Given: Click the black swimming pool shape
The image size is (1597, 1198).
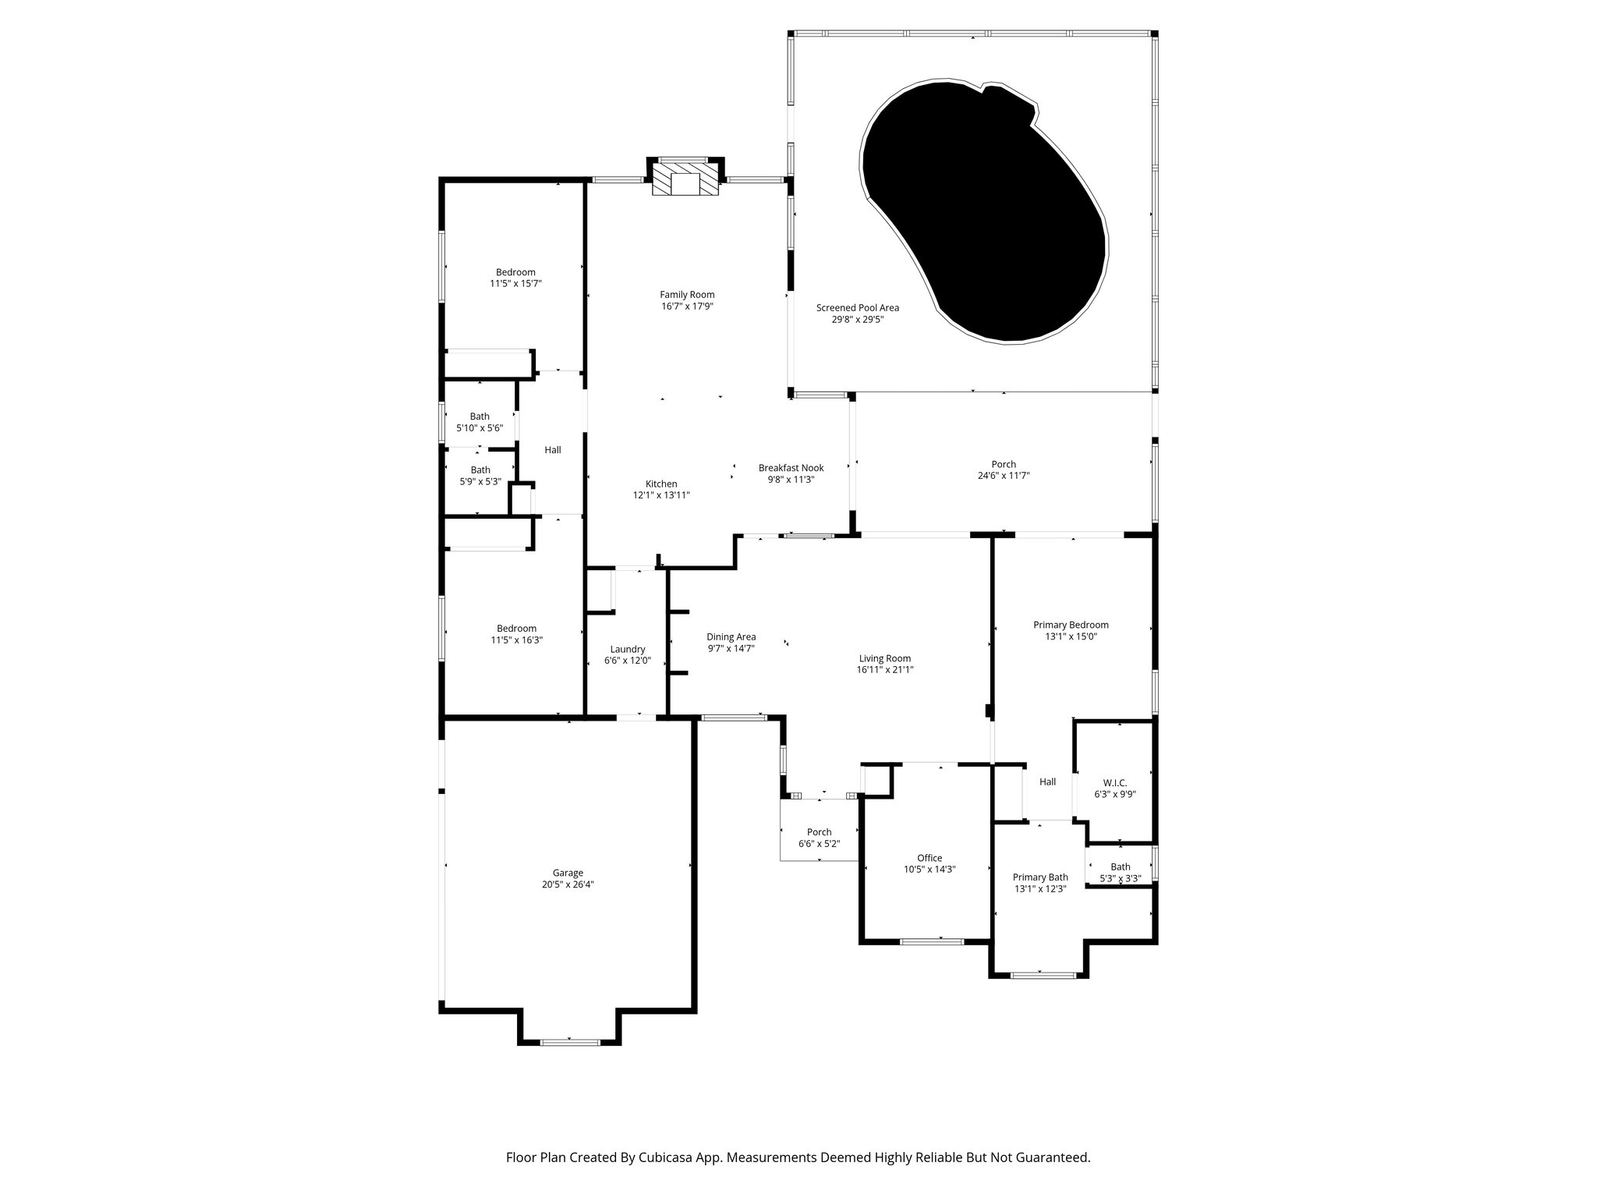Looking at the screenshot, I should tap(990, 218).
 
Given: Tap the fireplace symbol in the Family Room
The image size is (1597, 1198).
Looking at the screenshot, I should tap(685, 180).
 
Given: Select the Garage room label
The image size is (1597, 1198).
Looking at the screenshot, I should tap(568, 873).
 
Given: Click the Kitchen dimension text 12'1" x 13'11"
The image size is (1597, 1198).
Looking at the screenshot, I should tap(661, 495).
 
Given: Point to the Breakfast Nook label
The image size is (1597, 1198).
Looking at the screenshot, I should tap(791, 468).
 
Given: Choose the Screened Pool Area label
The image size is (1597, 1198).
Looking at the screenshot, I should tap(857, 307).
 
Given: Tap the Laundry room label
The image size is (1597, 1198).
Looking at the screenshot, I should tap(627, 649).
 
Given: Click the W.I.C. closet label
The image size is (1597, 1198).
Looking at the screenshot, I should tap(1114, 782).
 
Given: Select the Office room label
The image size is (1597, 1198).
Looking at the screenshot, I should tap(929, 858).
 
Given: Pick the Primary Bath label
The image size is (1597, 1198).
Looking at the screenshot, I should tap(1040, 877).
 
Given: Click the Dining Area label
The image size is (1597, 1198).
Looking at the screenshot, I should tap(731, 636).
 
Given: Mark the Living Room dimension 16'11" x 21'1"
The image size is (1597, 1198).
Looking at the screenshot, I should tap(884, 669).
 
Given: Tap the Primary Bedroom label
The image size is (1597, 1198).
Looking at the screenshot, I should tap(1071, 625).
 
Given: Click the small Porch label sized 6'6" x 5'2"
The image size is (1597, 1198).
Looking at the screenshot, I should tap(819, 832).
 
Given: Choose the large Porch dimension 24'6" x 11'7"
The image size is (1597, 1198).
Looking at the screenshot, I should tap(1004, 476).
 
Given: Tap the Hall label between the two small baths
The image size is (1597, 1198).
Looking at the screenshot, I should tap(552, 450).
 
